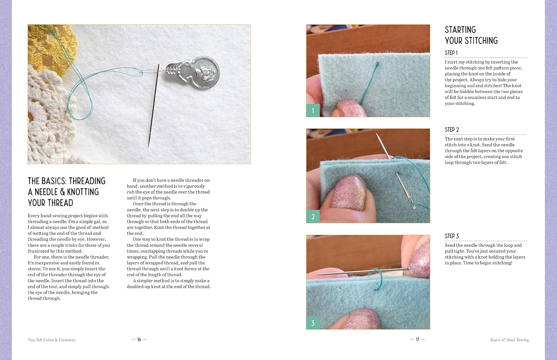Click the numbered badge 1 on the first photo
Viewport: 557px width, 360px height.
313,111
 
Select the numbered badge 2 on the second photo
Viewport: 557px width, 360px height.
313,217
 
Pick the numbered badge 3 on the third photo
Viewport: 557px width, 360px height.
313,323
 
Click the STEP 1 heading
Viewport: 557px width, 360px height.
451,53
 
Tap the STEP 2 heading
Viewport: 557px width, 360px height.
452,130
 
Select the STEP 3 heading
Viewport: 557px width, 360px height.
452,236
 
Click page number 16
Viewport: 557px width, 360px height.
139,339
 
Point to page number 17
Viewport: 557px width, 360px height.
417,339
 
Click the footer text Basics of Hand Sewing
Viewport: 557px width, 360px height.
509,340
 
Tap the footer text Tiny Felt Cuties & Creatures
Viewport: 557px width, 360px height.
52,340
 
